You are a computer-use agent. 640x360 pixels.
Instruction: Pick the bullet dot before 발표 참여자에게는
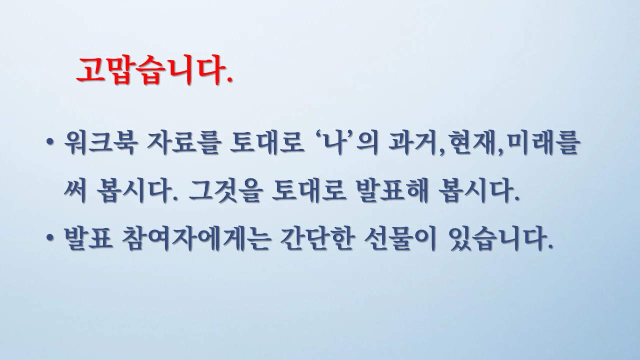point(51,241)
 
